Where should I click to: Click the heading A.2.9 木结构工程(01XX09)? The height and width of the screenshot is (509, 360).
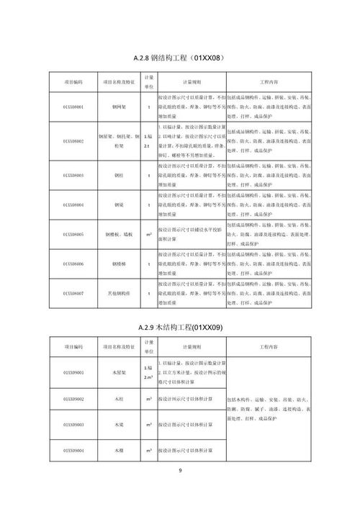[x=179, y=328]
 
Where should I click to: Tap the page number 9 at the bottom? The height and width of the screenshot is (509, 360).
[x=180, y=472]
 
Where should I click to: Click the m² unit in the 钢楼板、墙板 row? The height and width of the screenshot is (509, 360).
[x=149, y=235]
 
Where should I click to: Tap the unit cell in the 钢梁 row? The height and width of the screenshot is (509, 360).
[x=149, y=205]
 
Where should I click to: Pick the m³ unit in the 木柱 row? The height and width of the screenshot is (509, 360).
[x=149, y=398]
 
